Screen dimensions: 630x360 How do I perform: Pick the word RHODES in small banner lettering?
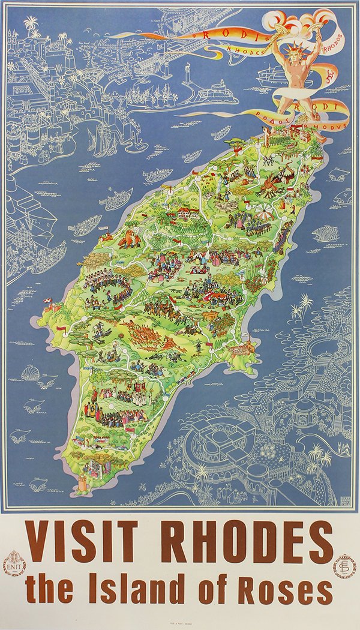coord(244,51)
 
